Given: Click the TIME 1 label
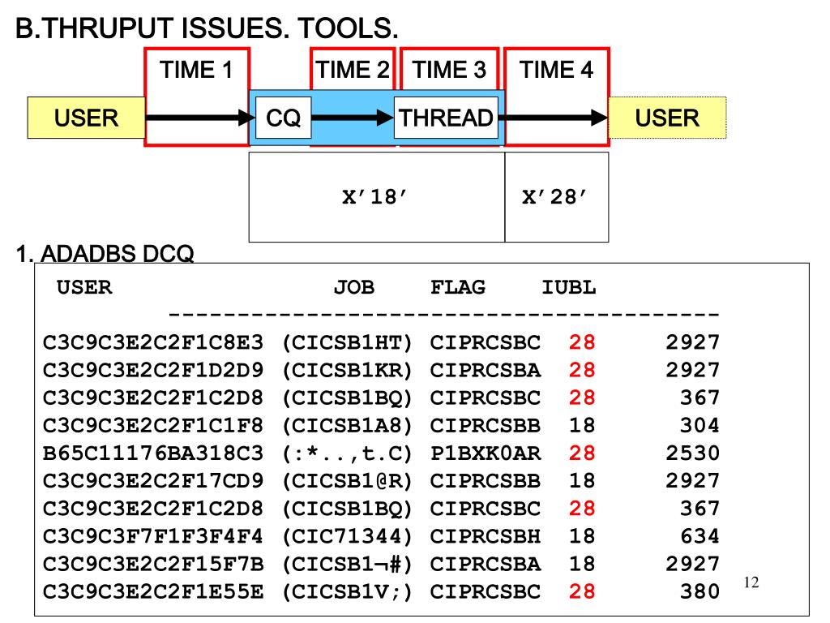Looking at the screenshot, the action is pyautogui.click(x=197, y=71).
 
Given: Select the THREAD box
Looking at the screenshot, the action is pyautogui.click(x=446, y=118).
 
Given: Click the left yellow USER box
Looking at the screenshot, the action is pyautogui.click(x=86, y=118).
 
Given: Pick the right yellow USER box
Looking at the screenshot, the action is pyautogui.click(x=667, y=118).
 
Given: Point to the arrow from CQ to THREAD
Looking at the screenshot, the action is pyautogui.click(x=353, y=118).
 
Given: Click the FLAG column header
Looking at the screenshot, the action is pyautogui.click(x=458, y=287).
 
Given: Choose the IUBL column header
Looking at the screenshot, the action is pyautogui.click(x=569, y=287).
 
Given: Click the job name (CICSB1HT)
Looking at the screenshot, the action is pyautogui.click(x=348, y=343).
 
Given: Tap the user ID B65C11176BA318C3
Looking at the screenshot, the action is pyautogui.click(x=153, y=453).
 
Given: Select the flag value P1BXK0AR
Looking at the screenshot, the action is pyautogui.click(x=485, y=453).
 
